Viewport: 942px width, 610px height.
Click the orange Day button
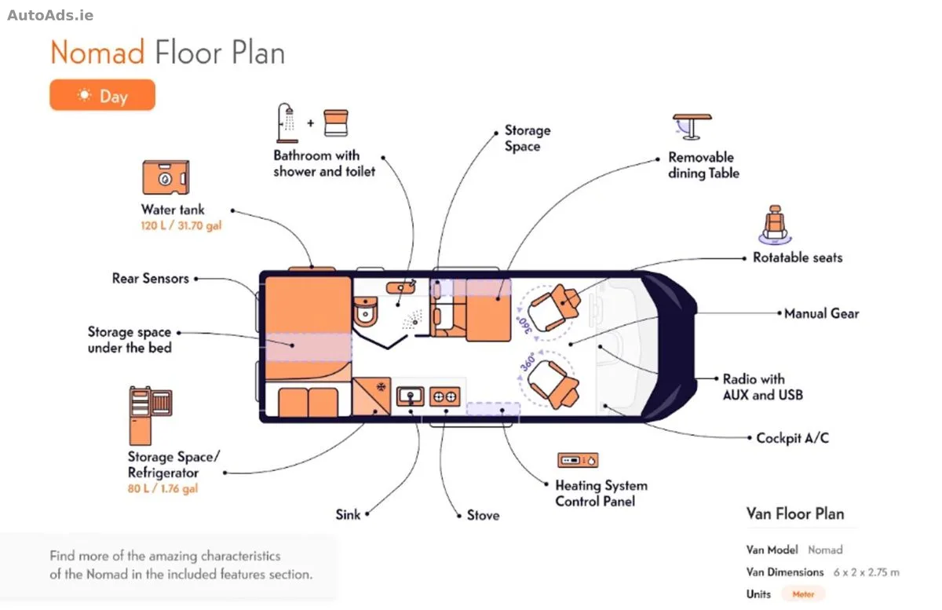click(x=102, y=95)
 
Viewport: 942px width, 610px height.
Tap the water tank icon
click(x=166, y=177)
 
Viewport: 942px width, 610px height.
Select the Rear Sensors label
click(x=150, y=279)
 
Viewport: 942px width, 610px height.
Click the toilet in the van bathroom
click(x=366, y=312)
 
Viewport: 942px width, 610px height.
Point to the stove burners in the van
click(x=445, y=396)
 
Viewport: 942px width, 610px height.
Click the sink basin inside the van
click(x=411, y=396)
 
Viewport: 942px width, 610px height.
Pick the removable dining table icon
click(x=692, y=126)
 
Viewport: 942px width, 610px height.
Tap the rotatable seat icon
click(x=775, y=225)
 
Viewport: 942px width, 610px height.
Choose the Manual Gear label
click(x=821, y=313)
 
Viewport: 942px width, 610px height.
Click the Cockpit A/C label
click(x=792, y=438)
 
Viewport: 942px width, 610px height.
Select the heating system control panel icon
click(x=578, y=460)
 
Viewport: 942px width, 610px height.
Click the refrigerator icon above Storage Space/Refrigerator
click(x=151, y=415)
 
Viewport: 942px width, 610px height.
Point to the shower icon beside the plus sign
click(x=287, y=122)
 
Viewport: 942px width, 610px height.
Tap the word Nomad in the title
click(x=97, y=53)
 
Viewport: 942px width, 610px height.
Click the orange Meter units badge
click(x=803, y=594)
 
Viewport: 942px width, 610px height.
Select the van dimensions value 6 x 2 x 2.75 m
click(x=867, y=572)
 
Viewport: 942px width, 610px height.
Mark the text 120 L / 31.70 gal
click(x=181, y=226)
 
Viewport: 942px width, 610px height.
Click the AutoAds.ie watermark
click(x=50, y=16)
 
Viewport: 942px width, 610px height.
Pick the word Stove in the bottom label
click(x=484, y=515)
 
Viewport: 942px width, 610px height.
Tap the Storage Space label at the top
click(x=528, y=138)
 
